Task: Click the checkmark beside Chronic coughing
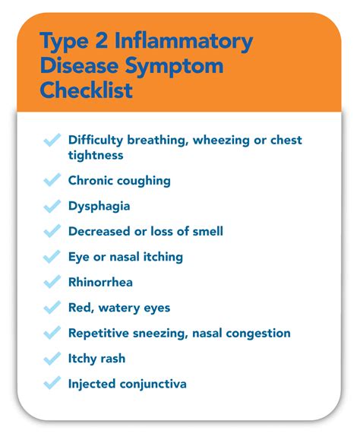click(52, 180)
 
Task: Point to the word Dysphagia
click(99, 206)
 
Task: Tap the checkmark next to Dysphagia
click(52, 206)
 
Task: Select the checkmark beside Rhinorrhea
click(52, 282)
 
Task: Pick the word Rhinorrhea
click(100, 282)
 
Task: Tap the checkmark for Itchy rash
click(52, 358)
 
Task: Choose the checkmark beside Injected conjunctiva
click(52, 383)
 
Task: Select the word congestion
click(259, 333)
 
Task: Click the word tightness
click(96, 154)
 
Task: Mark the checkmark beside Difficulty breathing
click(52, 141)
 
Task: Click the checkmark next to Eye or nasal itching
click(52, 256)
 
